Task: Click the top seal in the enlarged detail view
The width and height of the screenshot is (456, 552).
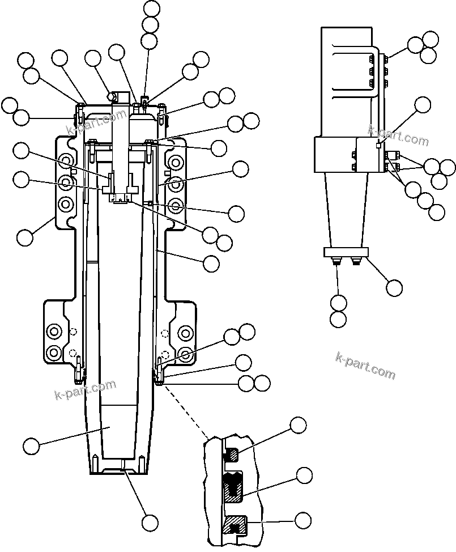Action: tap(233, 454)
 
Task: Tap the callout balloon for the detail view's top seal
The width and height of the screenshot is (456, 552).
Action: tap(298, 425)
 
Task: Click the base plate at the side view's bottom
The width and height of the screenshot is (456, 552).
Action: tap(346, 252)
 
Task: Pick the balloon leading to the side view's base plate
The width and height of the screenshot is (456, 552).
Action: tap(394, 287)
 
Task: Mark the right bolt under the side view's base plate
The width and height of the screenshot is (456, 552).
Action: tap(357, 261)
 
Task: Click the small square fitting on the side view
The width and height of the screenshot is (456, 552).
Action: tap(378, 145)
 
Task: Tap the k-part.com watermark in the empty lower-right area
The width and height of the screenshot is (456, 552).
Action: tap(365, 366)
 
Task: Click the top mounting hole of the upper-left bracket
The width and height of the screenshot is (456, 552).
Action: tap(66, 160)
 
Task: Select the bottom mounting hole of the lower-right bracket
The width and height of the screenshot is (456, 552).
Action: tap(185, 355)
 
